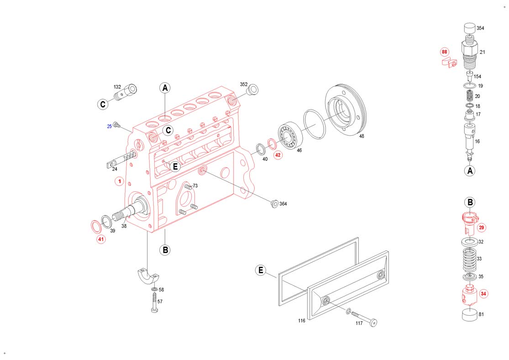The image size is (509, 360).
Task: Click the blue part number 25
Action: (110, 127)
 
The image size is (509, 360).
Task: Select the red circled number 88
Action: (444, 52)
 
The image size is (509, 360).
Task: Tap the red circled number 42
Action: (278, 155)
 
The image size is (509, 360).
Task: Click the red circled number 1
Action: (120, 181)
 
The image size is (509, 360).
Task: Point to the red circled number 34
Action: (483, 294)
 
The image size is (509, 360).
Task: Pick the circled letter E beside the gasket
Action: (261, 270)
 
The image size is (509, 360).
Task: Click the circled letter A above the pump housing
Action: (165, 88)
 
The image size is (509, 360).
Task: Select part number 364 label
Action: (283, 204)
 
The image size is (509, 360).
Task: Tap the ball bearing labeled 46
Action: (290, 136)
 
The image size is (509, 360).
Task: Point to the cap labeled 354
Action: (469, 29)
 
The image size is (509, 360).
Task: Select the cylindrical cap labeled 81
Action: (469, 314)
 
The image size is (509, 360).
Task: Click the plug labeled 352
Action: (253, 89)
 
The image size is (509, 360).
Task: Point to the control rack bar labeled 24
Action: (120, 160)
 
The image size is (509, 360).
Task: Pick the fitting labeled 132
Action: (126, 92)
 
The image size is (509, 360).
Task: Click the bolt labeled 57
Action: (154, 302)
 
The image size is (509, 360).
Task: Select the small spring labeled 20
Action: (469, 96)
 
